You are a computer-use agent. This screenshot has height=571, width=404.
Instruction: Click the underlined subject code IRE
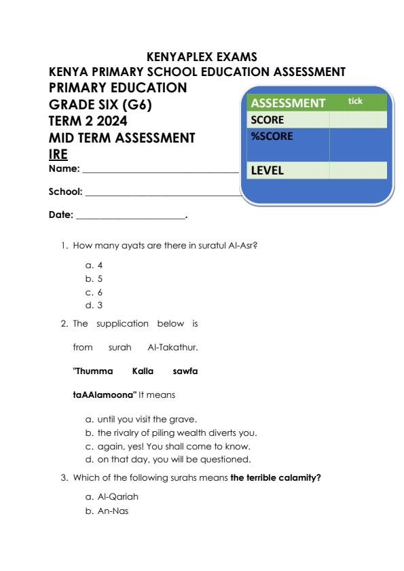pos(58,153)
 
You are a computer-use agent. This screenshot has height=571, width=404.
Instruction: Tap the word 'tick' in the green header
pos(355,101)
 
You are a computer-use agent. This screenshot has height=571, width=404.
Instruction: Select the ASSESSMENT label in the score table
pos(288,103)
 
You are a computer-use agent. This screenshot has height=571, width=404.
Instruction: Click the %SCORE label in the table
pos(272,136)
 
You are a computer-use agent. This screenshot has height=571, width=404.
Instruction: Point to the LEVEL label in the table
pos(268,171)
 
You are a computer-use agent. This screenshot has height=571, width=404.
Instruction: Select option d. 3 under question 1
pos(94,305)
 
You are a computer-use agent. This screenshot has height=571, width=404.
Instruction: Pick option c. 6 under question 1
pos(94,292)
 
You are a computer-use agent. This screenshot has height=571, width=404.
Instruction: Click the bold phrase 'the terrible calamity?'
pos(276,478)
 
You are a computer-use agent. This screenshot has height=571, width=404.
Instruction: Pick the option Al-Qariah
pos(112,498)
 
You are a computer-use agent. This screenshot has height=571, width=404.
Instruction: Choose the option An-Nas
pos(108,511)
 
